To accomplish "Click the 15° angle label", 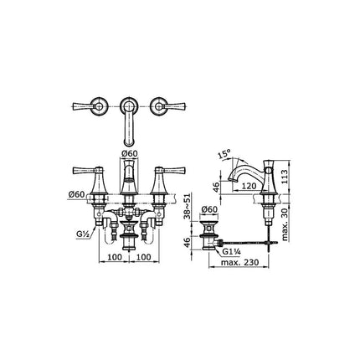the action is click(224, 154).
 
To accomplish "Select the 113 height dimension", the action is click(284, 177).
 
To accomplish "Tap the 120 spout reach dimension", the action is click(248, 186).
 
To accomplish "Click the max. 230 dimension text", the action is click(239, 262).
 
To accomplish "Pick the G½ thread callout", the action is click(82, 234).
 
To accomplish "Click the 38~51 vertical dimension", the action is click(188, 206).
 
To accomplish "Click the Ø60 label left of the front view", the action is click(76, 194).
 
